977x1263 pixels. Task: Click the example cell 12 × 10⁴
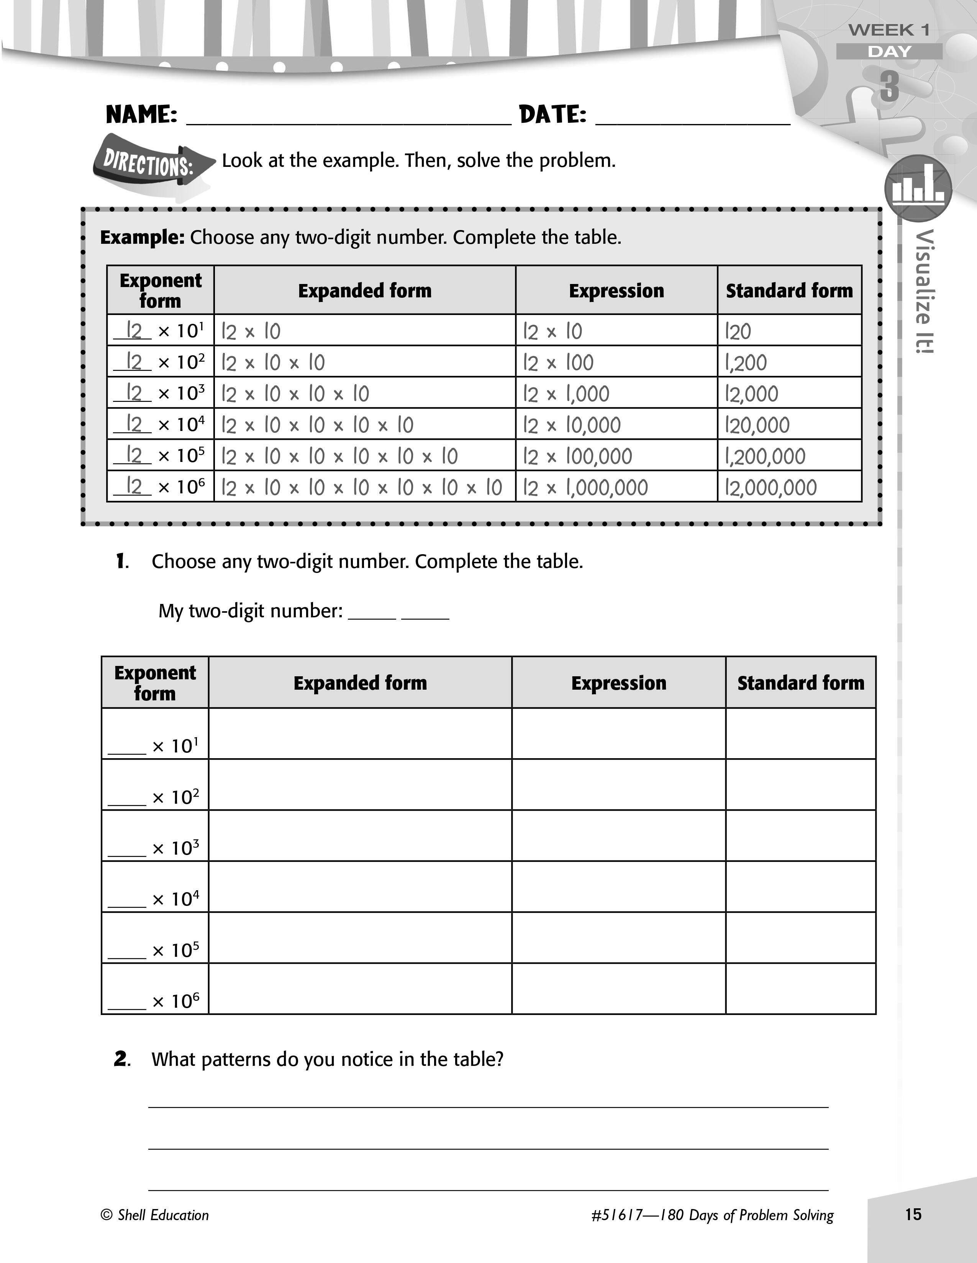160,424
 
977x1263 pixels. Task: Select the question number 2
121,1059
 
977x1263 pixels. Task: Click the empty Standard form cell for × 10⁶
800,988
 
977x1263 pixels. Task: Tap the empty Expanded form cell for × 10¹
360,733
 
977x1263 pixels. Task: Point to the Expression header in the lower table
619,683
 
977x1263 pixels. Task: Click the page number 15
913,1214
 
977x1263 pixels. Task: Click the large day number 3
890,87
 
